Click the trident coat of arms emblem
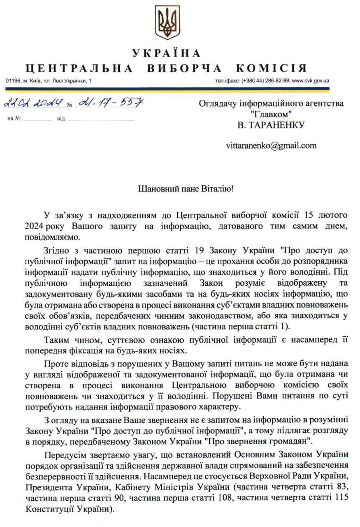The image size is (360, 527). pos(167,22)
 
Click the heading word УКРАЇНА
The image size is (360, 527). pos(167,54)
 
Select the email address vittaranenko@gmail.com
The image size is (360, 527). pos(271,145)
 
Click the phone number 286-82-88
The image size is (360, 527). pos(277,81)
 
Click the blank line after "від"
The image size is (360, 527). pos(101,119)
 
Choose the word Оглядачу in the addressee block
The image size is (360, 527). pos(215,104)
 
